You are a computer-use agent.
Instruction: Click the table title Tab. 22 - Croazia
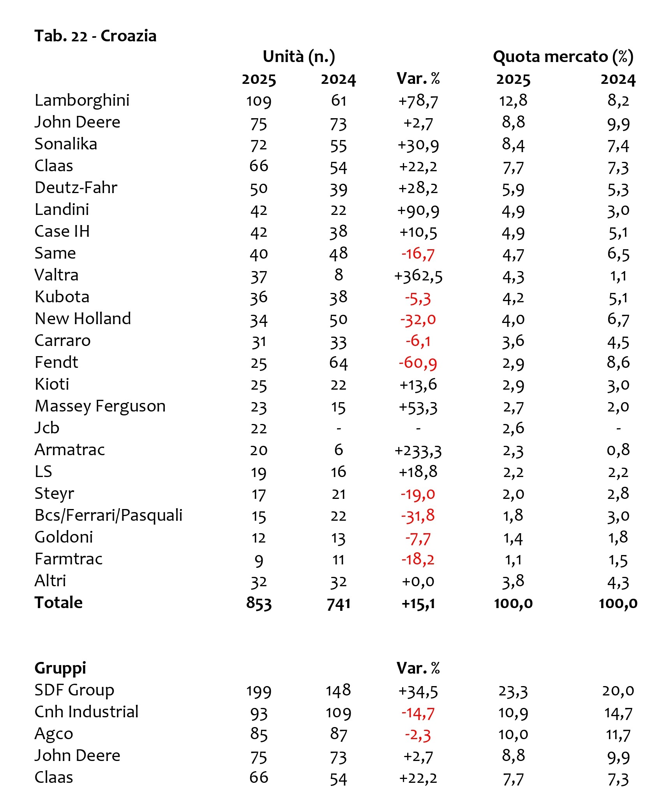pos(95,36)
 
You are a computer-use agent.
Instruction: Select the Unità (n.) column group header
pos(299,57)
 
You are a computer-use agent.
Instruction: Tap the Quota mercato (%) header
pos(563,57)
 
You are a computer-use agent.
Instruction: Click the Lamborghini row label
pos(82,100)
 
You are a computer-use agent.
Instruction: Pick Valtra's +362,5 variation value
pos(418,276)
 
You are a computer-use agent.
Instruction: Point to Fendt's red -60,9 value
pos(418,363)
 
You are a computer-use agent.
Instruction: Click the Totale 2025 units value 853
pos(259,603)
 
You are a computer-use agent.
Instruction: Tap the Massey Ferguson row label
pos(100,406)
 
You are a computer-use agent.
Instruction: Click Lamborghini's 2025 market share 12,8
pos(513,101)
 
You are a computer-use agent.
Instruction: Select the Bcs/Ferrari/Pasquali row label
pos(108,516)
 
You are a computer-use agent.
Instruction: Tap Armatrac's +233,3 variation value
pos(418,451)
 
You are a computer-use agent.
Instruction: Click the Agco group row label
pos(54,734)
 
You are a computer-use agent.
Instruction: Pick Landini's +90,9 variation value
pos(418,211)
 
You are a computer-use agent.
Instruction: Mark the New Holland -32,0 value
pos(418,320)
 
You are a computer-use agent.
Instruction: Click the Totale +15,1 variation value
pos(418,604)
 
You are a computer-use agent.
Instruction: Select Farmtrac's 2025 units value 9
pos(259,560)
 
